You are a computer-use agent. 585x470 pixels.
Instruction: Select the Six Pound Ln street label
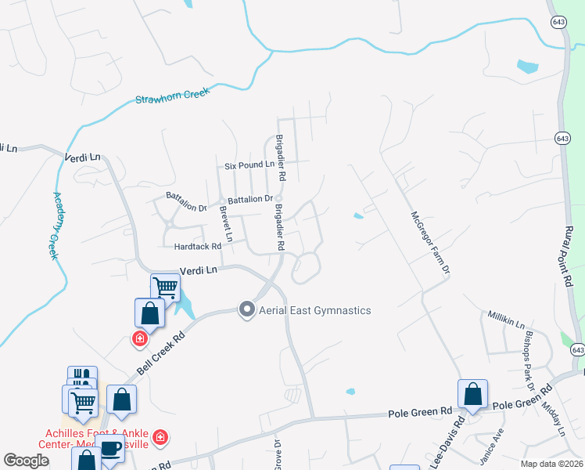click(x=249, y=165)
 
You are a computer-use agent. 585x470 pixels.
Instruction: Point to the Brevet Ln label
click(x=226, y=224)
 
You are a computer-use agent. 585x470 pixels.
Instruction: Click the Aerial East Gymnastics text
click(x=315, y=310)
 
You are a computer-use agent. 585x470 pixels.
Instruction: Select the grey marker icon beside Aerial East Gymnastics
click(x=247, y=310)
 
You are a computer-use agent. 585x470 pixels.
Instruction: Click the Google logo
click(x=27, y=461)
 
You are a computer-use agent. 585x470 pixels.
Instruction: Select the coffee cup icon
click(x=110, y=449)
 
